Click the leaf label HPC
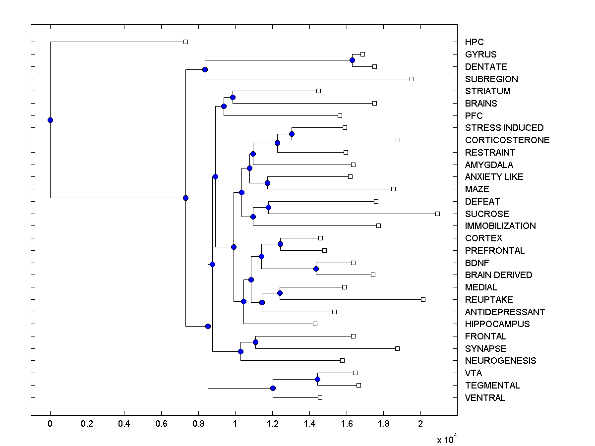click(x=474, y=42)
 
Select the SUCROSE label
click(x=487, y=214)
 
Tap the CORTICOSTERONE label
click(x=507, y=140)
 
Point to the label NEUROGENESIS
click(x=500, y=361)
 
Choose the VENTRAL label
click(x=485, y=398)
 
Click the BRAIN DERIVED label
click(x=498, y=275)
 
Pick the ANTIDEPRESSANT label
click(x=505, y=312)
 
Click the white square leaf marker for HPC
click(x=185, y=42)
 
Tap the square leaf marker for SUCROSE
click(x=437, y=214)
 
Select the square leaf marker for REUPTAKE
click(x=423, y=299)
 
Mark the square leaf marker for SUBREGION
click(x=412, y=79)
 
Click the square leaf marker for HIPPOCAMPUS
click(x=315, y=324)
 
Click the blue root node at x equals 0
click(x=50, y=120)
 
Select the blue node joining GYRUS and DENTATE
click(x=352, y=60)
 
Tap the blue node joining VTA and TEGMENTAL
click(x=317, y=379)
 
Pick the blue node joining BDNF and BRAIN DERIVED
click(x=316, y=269)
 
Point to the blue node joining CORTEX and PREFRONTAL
click(x=280, y=244)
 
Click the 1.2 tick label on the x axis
click(x=272, y=424)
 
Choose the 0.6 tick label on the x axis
click(x=161, y=424)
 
